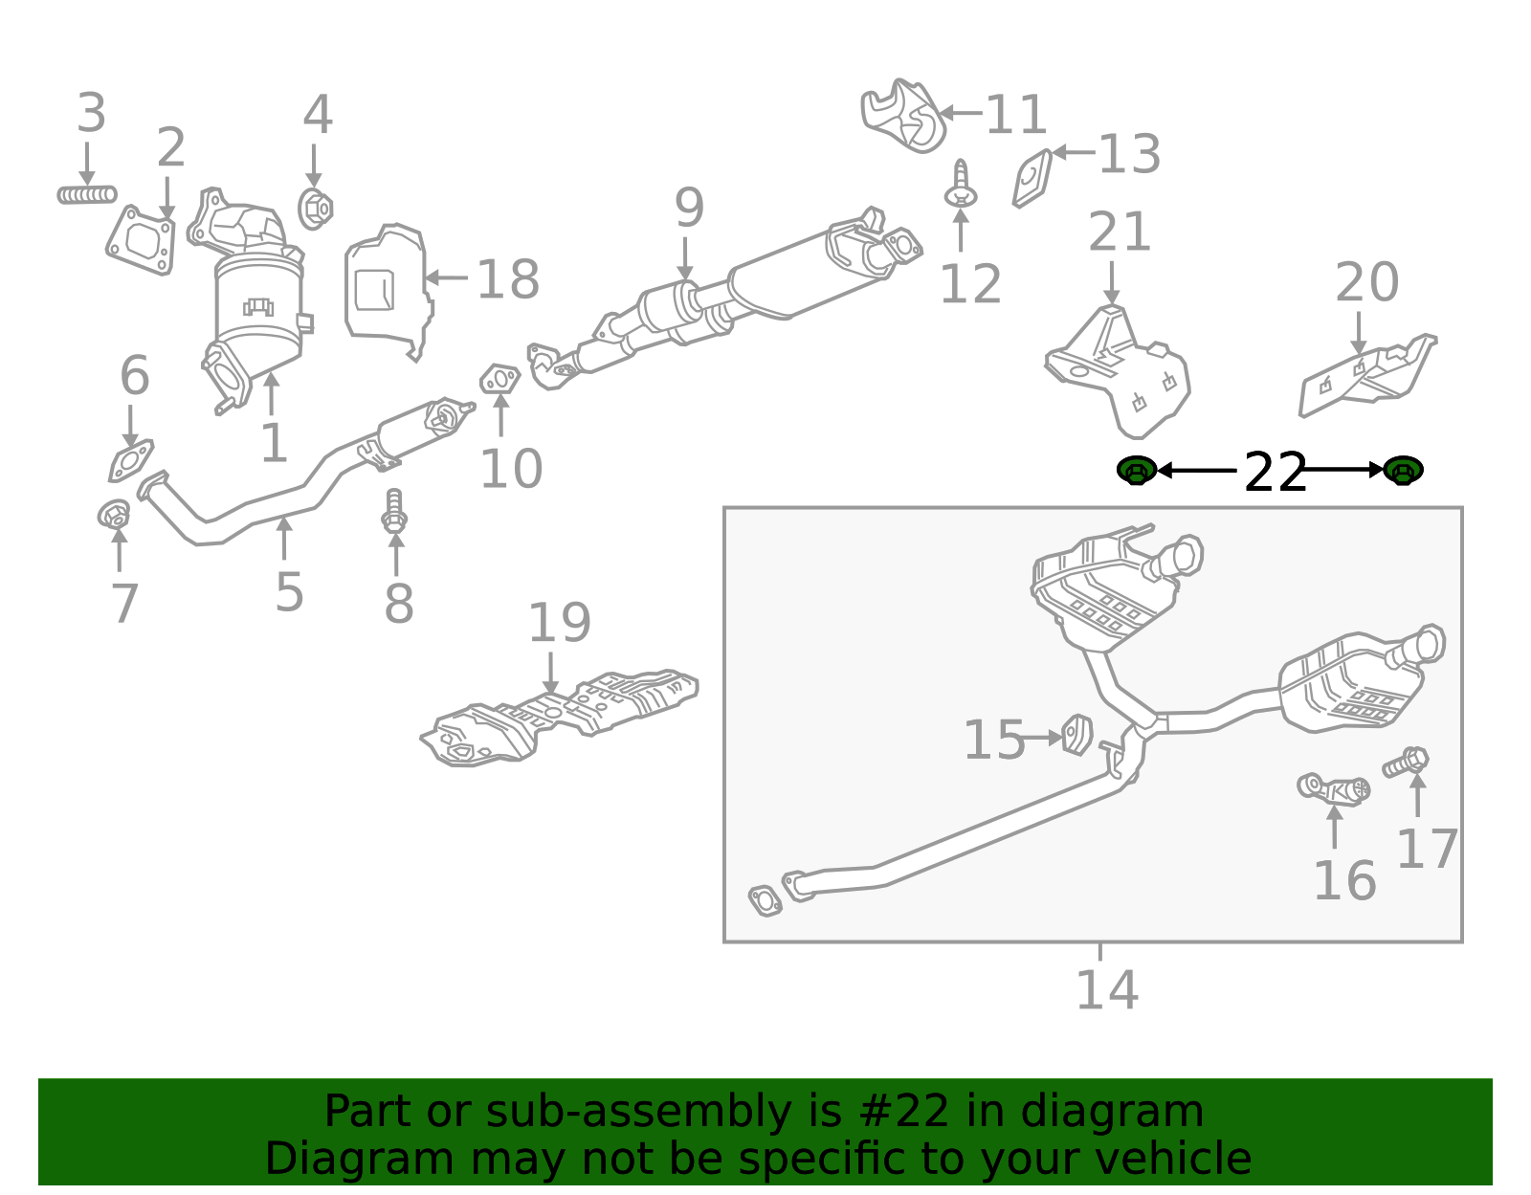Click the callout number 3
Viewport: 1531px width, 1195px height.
point(91,114)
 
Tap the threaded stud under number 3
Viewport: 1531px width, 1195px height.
point(86,195)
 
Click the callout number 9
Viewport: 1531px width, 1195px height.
point(689,208)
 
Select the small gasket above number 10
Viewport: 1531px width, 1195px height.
point(499,380)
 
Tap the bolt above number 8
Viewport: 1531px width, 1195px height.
point(394,511)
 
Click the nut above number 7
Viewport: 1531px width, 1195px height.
point(114,515)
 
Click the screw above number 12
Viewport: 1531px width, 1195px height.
point(961,187)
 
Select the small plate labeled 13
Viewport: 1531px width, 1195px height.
point(1033,178)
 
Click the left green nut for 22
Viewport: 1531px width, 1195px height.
point(1137,470)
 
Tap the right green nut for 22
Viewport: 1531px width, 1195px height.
point(1403,470)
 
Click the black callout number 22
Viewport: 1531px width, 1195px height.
point(1275,473)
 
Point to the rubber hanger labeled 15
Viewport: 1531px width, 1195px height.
point(1077,734)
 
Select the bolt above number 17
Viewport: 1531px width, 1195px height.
point(1407,763)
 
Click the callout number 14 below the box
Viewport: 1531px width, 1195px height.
point(1107,990)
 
